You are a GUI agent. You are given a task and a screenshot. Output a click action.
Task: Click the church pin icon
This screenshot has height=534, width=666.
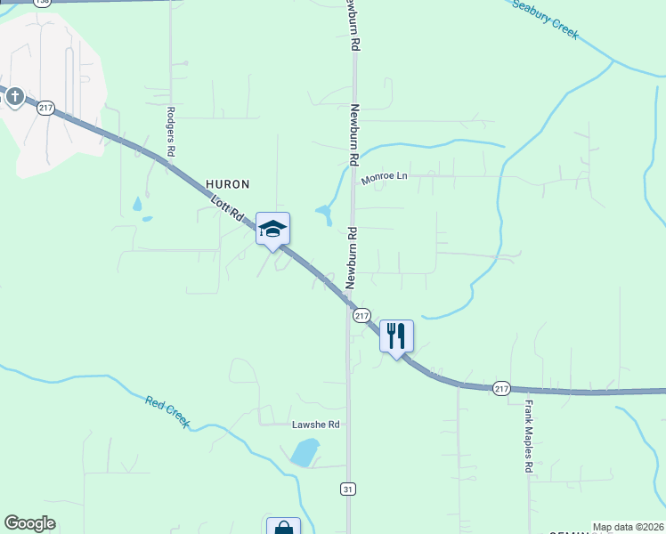(x=14, y=96)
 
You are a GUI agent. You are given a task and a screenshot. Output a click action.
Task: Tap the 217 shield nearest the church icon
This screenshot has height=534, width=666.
(x=46, y=108)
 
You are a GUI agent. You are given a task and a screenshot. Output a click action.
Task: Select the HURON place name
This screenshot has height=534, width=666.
(x=228, y=183)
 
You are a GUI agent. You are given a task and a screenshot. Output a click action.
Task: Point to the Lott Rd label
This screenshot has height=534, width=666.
(x=227, y=208)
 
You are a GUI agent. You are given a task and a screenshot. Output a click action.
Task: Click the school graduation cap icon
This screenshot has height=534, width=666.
(x=272, y=230)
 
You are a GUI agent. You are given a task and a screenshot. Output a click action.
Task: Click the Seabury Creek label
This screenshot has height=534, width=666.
(x=546, y=19)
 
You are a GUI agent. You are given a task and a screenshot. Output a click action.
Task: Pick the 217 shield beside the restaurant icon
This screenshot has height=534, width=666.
(x=361, y=316)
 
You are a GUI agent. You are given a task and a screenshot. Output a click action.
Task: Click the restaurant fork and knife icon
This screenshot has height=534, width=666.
(x=396, y=336)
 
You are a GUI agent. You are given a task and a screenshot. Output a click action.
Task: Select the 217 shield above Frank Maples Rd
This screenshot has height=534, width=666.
(x=501, y=388)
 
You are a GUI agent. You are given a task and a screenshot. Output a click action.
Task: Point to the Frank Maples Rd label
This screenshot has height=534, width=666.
(x=528, y=435)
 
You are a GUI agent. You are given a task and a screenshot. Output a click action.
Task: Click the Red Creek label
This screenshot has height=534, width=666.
(x=167, y=412)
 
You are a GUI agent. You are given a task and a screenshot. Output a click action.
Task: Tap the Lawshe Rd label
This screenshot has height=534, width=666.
(x=316, y=425)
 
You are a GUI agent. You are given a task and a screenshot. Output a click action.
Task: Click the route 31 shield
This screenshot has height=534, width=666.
(x=348, y=489)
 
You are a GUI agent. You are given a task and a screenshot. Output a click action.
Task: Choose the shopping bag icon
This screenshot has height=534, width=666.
(x=283, y=527)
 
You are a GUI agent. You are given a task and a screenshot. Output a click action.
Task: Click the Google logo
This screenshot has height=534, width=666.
(x=30, y=523)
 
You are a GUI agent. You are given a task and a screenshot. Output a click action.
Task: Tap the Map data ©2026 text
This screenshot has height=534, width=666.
(x=628, y=527)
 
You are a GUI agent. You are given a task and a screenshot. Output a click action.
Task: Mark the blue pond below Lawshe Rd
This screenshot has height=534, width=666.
(x=304, y=452)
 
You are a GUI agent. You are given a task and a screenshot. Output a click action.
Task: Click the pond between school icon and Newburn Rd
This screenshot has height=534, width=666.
(x=323, y=214)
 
